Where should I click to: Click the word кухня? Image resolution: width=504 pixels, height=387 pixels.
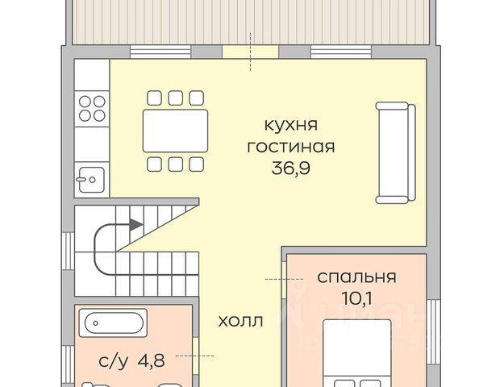(x=291, y=125)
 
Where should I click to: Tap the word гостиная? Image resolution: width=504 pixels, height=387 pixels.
(x=291, y=147)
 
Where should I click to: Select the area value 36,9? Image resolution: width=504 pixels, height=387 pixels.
(x=291, y=168)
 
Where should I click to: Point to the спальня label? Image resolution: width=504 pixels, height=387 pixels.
(x=356, y=277)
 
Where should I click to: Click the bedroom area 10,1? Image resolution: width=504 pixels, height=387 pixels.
(x=356, y=298)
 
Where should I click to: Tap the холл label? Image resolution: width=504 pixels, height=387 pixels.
(x=240, y=321)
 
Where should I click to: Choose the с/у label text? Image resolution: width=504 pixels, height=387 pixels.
(x=113, y=361)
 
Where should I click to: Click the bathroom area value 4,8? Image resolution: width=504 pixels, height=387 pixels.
(x=151, y=360)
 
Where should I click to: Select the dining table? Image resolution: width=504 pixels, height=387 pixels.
(x=175, y=131)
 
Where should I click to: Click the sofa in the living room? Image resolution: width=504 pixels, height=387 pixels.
(x=396, y=153)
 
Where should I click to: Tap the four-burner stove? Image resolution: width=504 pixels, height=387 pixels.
(x=92, y=109)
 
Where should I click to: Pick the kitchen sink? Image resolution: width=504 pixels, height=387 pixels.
(x=90, y=180)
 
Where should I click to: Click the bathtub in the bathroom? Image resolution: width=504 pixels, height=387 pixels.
(x=113, y=322)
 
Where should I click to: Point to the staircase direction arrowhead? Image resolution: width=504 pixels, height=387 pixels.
(x=136, y=224)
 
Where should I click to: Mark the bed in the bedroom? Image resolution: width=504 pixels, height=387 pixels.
(x=357, y=353)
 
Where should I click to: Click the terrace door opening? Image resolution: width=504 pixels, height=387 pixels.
(x=251, y=52)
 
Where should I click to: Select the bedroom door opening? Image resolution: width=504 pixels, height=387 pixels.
(x=284, y=280)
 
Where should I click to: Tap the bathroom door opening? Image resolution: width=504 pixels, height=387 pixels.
(x=195, y=356)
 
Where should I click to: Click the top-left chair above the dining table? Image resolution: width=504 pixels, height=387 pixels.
(x=154, y=98)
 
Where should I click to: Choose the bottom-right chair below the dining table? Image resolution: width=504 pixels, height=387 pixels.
(x=197, y=164)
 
